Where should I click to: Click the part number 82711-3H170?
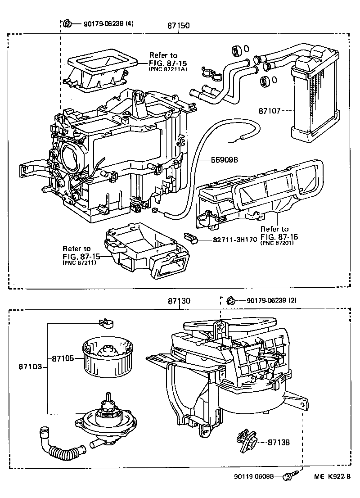(233, 240)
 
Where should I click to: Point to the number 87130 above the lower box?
(179, 300)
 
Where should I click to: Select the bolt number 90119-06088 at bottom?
(253, 476)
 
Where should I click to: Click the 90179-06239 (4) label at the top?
(108, 23)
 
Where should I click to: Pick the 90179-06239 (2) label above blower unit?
(271, 300)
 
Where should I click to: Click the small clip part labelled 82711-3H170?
(191, 237)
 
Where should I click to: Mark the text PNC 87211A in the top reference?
(167, 70)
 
